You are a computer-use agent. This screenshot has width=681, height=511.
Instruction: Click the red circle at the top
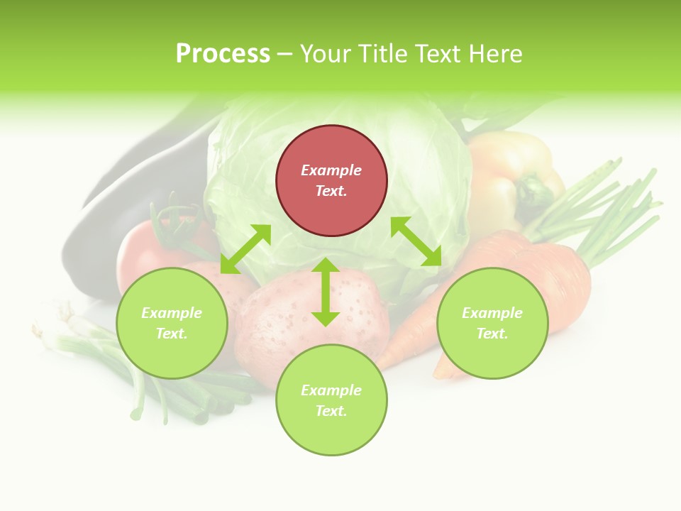pos(331,181)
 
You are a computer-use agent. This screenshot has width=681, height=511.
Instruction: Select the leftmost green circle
pos(172,323)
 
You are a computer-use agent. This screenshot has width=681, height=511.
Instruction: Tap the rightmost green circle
pos(492,323)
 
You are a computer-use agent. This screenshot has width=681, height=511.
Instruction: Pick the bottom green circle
pos(331,400)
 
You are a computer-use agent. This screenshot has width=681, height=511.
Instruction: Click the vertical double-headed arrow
pos(326,292)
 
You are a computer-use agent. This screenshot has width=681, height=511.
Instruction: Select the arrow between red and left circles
pos(245,249)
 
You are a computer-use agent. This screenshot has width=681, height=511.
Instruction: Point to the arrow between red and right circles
pos(416,241)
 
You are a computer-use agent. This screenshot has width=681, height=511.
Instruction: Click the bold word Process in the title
pos(223,54)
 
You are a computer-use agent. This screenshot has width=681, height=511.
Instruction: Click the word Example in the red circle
pos(331,170)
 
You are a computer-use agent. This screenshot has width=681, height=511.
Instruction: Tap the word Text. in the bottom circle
pos(331,411)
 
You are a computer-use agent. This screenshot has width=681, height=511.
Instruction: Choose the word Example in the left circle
pos(172,313)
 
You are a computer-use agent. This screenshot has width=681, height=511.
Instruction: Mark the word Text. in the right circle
pos(492,334)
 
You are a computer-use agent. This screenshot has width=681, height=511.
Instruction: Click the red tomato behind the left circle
pos(142,248)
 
